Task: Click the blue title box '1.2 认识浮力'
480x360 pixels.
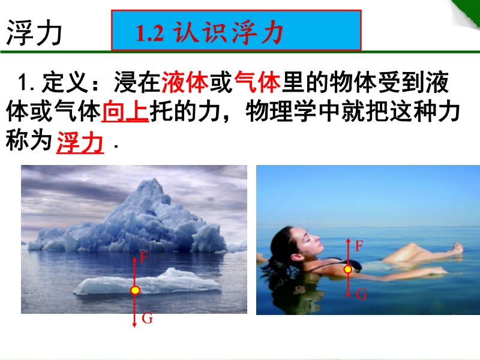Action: [236, 31]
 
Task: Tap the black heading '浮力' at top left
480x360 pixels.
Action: [34, 33]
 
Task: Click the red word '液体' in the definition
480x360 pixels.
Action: [185, 82]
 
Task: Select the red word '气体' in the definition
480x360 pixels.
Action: [257, 82]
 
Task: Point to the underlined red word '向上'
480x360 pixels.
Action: [125, 111]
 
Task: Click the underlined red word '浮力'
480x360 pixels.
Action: [80, 142]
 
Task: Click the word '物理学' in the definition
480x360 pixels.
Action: [281, 111]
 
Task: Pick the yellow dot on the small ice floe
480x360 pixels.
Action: [135, 290]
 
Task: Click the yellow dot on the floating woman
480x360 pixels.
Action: [348, 269]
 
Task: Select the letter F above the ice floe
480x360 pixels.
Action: [143, 257]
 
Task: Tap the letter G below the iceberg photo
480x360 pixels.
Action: [147, 319]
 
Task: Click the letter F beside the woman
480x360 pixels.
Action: [359, 246]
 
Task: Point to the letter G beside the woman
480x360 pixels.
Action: [361, 294]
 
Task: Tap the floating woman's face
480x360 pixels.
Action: [310, 242]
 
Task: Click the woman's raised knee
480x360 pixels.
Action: [412, 246]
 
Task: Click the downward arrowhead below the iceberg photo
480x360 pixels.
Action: [134, 325]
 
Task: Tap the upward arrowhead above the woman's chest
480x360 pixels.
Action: [348, 240]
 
